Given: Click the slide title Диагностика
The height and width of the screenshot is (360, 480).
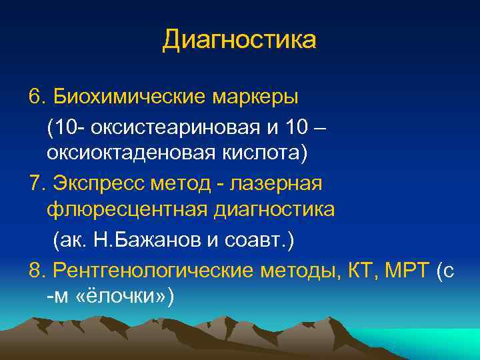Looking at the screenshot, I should point(239,41).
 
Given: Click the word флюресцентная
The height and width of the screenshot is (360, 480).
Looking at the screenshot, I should point(127,211).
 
